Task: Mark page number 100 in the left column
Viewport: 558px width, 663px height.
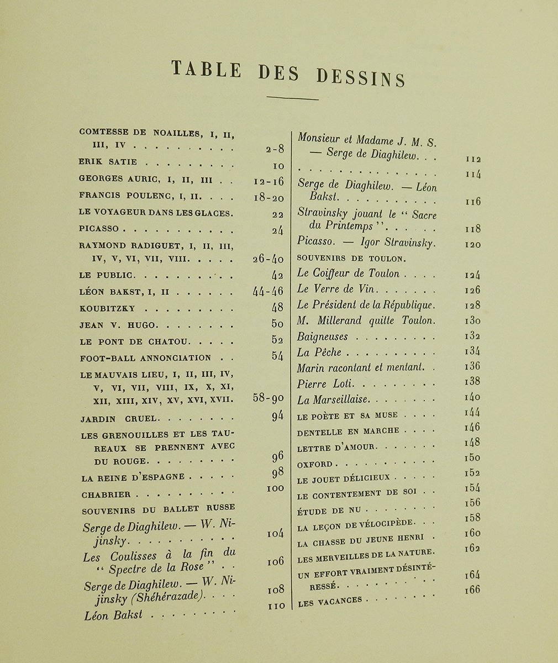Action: [275, 488]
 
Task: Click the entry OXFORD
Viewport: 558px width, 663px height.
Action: [315, 465]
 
